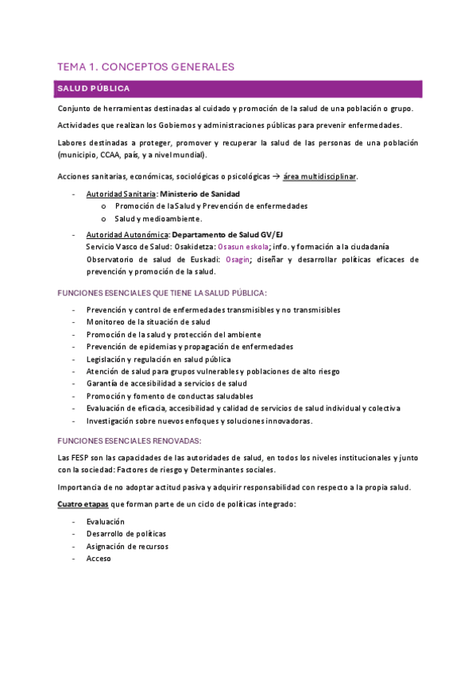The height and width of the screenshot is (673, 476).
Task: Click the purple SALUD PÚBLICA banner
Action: click(x=238, y=88)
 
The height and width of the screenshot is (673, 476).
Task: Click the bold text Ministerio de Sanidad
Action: click(x=206, y=194)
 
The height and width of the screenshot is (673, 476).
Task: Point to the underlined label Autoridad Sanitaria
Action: click(x=122, y=194)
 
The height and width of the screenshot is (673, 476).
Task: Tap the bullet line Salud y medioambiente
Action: click(x=158, y=218)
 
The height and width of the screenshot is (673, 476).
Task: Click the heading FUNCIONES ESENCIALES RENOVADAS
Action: click(x=130, y=440)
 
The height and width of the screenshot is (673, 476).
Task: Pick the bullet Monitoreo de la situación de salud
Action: click(x=148, y=321)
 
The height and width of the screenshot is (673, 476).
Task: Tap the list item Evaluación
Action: click(x=106, y=521)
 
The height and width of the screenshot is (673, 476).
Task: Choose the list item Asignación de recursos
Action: click(x=127, y=546)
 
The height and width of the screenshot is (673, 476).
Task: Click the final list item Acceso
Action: click(x=99, y=558)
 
